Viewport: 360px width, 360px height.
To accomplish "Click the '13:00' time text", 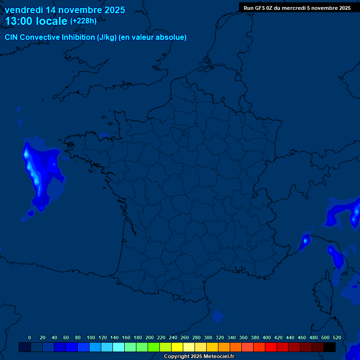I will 18,21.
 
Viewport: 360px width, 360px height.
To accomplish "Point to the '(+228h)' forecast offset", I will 83,21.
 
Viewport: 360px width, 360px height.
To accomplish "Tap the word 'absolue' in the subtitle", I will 172,37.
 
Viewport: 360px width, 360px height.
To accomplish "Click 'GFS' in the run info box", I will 260,8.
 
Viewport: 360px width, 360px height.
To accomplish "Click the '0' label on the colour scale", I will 30,337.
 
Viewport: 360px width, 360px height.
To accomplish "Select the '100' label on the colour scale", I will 91,337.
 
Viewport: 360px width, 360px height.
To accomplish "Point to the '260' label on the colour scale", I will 185,337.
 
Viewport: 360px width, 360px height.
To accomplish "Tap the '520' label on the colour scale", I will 337,337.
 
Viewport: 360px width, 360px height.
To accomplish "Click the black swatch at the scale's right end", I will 330,347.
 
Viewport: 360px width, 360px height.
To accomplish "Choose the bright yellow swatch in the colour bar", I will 177,347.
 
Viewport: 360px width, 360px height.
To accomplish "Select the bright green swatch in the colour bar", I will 154,347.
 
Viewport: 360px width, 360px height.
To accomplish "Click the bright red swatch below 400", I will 271,347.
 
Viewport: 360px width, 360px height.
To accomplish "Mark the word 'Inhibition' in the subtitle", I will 78,37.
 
